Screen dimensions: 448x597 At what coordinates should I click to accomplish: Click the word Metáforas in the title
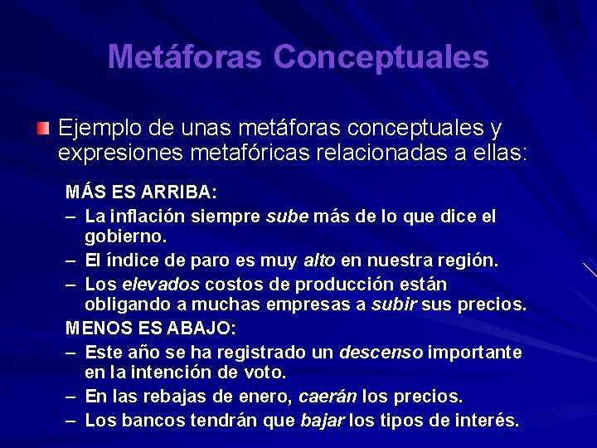(184, 56)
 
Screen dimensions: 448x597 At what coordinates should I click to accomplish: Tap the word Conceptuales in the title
(381, 56)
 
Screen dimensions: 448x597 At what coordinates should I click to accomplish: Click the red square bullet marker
(43, 129)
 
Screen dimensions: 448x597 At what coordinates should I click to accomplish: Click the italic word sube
(287, 217)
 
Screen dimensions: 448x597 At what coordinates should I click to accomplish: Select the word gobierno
(125, 237)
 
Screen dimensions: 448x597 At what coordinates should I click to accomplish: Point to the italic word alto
(319, 261)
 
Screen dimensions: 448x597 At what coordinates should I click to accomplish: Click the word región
(469, 261)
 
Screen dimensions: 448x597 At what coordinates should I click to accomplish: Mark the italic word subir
(393, 305)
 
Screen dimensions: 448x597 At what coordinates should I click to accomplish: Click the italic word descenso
(381, 353)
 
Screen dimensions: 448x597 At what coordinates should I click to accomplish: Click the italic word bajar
(322, 421)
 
